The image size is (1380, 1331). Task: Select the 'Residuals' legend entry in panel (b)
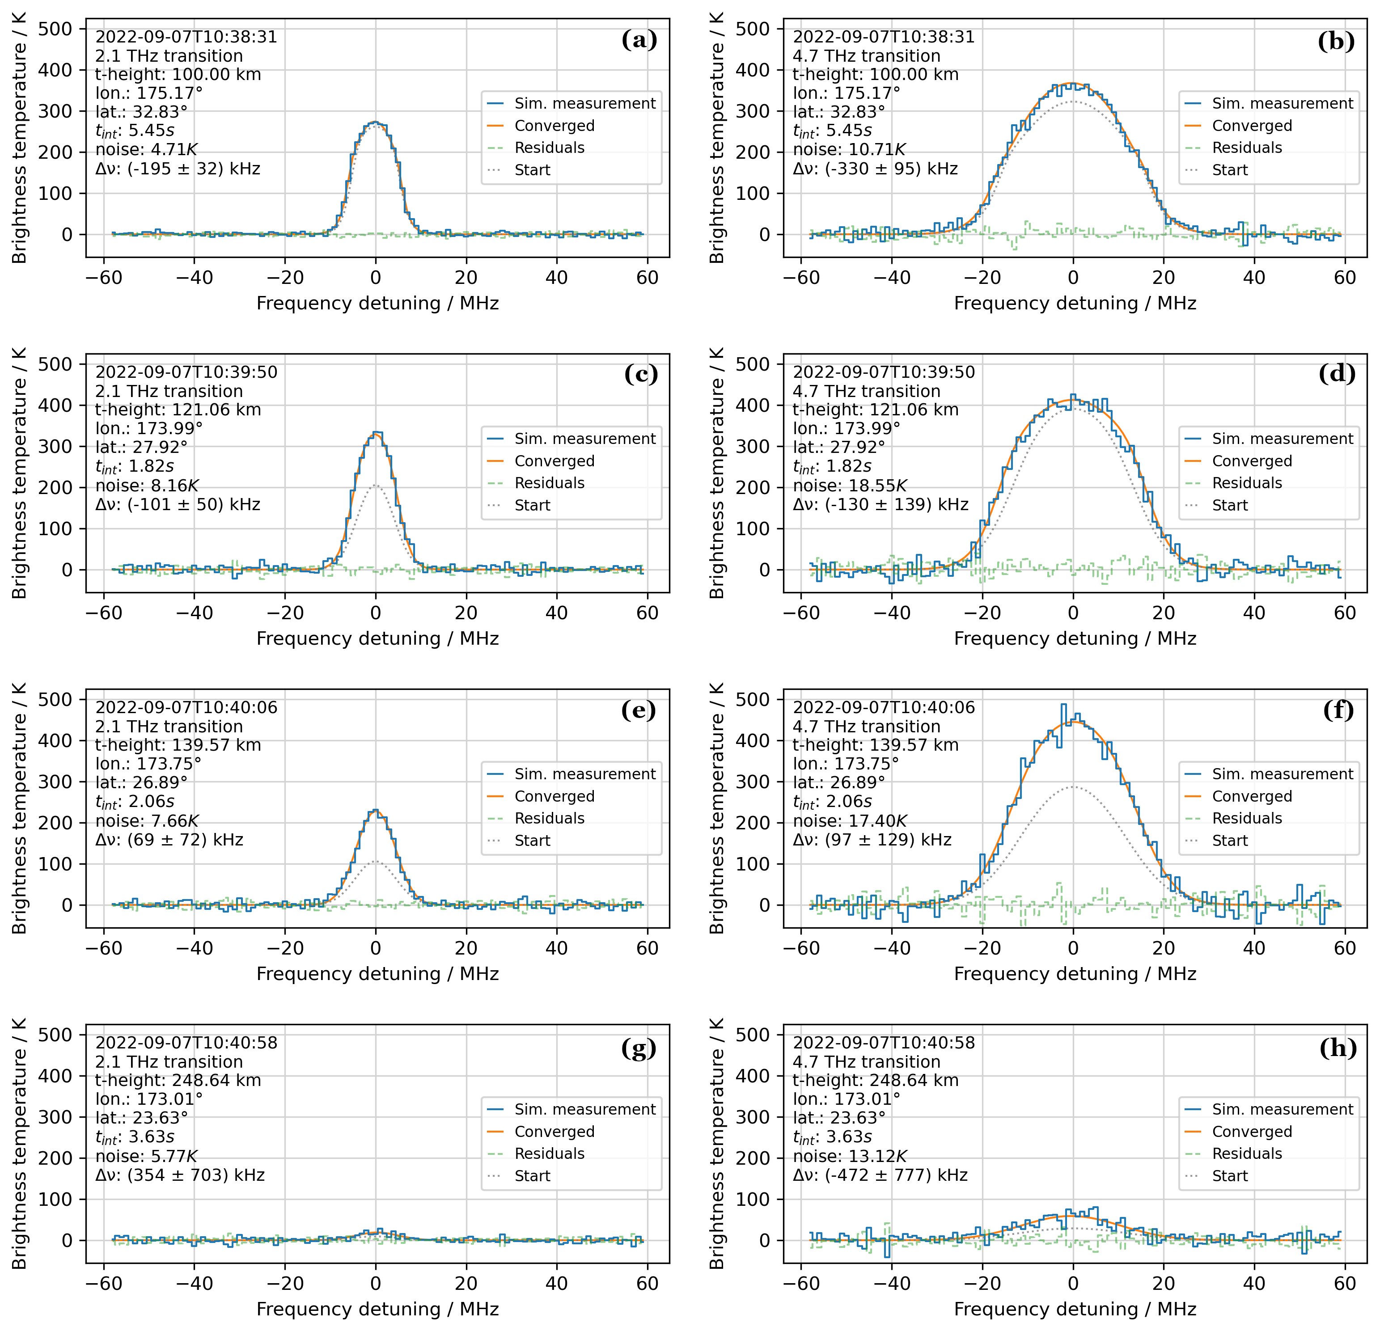click(1246, 148)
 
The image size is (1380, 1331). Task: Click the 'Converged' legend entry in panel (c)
click(554, 461)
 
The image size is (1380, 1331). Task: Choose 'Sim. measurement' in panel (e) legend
click(584, 774)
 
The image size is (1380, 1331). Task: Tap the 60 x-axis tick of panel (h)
click(1344, 1284)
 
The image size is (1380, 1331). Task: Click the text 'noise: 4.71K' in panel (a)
click(146, 150)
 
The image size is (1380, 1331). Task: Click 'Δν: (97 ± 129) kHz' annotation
click(872, 840)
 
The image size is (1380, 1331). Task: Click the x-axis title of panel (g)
click(377, 1309)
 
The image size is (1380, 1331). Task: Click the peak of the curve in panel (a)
click(375, 123)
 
